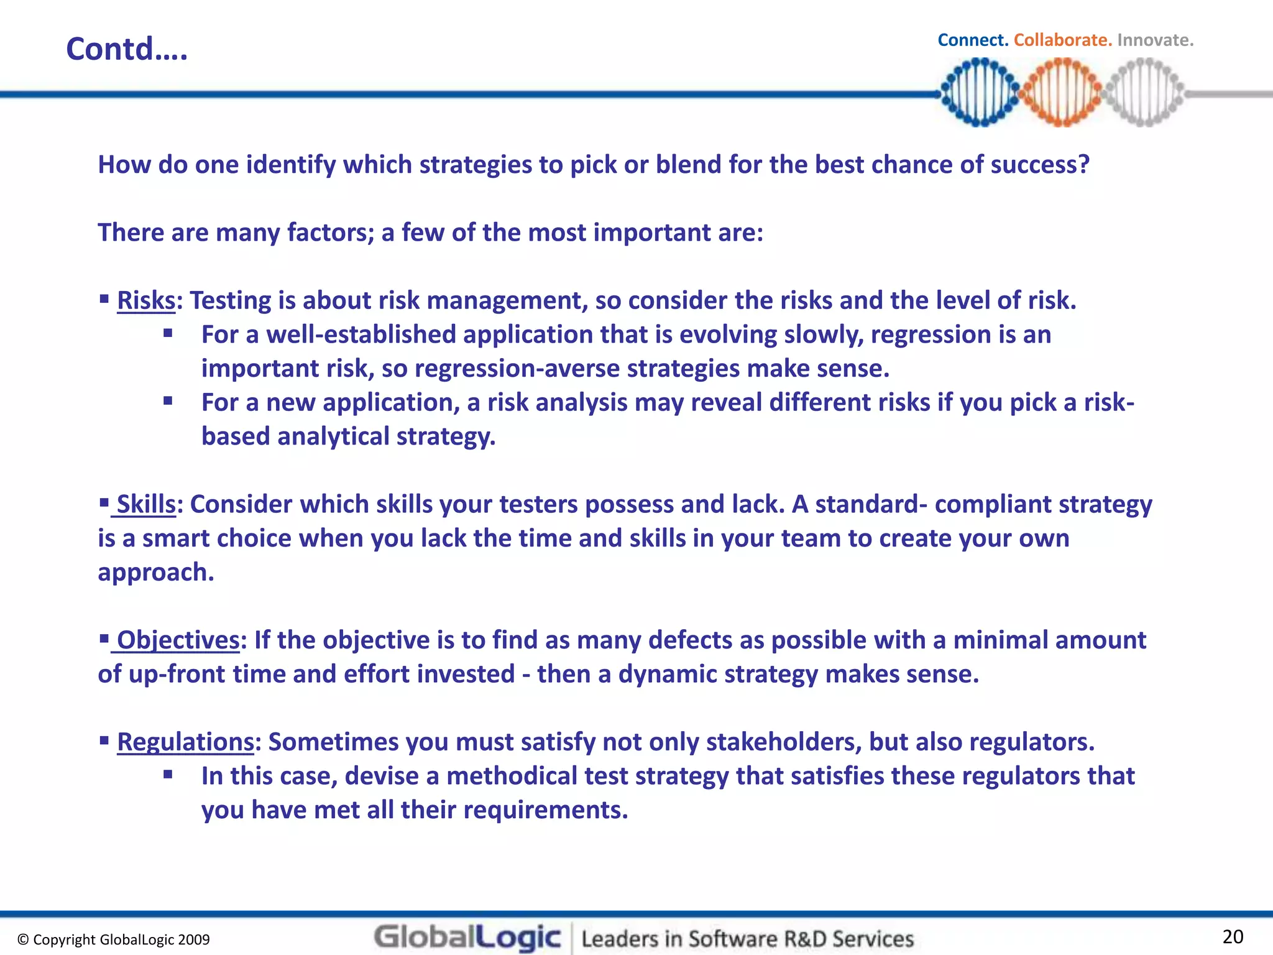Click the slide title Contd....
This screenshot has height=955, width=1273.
pyautogui.click(x=126, y=48)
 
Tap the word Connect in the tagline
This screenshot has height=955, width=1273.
pyautogui.click(x=972, y=40)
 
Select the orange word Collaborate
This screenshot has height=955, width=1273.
pyautogui.click(x=1062, y=40)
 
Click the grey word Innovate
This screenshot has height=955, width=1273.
pyautogui.click(x=1155, y=40)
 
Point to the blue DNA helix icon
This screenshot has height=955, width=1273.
pyautogui.click(x=980, y=92)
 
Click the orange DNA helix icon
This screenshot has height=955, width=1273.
pyautogui.click(x=1062, y=92)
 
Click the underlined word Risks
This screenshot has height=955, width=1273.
pyautogui.click(x=146, y=300)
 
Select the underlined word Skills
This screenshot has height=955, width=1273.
pyautogui.click(x=146, y=504)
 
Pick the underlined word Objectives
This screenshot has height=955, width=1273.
pyautogui.click(x=178, y=640)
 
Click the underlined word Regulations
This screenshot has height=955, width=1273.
pyautogui.click(x=185, y=742)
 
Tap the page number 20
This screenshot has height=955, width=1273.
pyautogui.click(x=1233, y=936)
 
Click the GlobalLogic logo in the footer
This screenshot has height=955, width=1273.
pyautogui.click(x=467, y=938)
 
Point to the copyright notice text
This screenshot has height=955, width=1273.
pyautogui.click(x=114, y=939)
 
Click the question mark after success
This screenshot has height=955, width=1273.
pyautogui.click(x=1083, y=165)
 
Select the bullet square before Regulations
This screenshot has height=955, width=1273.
pyautogui.click(x=104, y=740)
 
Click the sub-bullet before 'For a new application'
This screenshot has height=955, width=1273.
pyautogui.click(x=168, y=401)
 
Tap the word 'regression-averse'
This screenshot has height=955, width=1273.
pyautogui.click(x=517, y=369)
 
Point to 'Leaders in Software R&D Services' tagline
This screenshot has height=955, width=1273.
pyautogui.click(x=747, y=939)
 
